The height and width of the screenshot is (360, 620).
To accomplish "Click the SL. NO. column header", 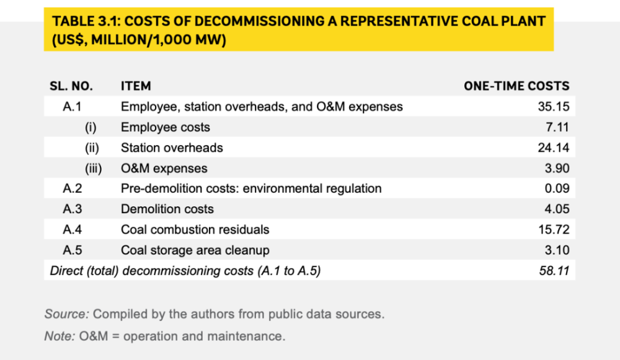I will coord(71,86).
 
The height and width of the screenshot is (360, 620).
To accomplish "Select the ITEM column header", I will coord(136,86).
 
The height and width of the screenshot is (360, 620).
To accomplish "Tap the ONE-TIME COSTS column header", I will coord(516,86).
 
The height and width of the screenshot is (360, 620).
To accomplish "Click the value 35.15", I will coord(554,107).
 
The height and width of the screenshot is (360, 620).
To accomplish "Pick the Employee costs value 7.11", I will coord(557,127).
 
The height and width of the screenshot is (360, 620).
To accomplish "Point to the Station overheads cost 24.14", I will coord(554,147).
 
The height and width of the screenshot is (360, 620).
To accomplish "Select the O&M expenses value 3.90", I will coord(556,168).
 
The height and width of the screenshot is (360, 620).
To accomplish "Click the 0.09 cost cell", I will coord(556,188).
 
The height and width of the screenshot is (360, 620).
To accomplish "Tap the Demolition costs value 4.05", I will coord(556,209).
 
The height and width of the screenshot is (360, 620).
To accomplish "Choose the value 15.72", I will coord(554,229).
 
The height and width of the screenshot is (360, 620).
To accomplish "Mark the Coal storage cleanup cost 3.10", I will coord(556,250).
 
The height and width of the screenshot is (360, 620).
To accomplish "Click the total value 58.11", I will coord(554,270).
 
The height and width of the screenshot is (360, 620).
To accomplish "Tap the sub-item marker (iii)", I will coord(94,168).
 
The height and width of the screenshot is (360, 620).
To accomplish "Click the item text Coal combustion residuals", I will coord(195,229).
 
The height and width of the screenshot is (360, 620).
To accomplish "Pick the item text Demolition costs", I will coord(167,209).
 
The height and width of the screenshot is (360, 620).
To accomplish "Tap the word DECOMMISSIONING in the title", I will coord(264,21).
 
